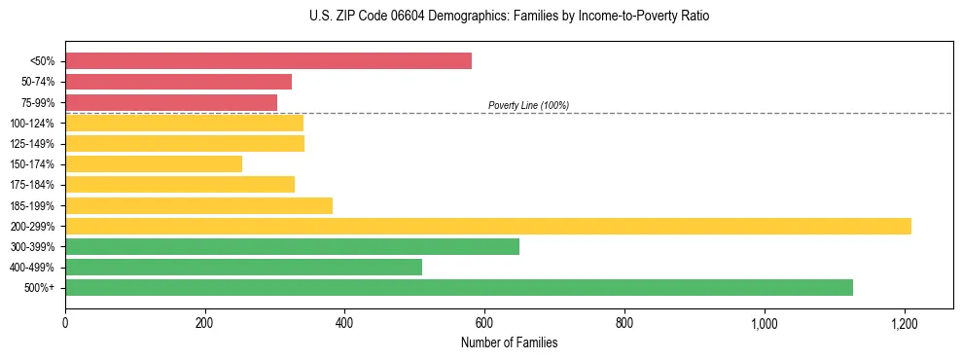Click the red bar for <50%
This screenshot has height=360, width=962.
pyautogui.click(x=268, y=61)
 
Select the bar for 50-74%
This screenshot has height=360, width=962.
pyautogui.click(x=178, y=82)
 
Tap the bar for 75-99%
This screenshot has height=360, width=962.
pyautogui.click(x=171, y=102)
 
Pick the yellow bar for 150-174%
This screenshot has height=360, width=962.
pyautogui.click(x=154, y=164)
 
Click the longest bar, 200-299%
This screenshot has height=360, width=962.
pyautogui.click(x=488, y=226)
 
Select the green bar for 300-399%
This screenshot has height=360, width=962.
pyautogui.click(x=292, y=246)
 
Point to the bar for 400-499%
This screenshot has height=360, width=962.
pyautogui.click(x=243, y=267)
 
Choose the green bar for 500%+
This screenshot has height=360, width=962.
pyautogui.click(x=459, y=287)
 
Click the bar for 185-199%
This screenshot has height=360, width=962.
pyautogui.click(x=198, y=205)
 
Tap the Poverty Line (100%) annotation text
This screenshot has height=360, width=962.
pyautogui.click(x=528, y=105)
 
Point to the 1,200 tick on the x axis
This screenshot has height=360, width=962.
pyautogui.click(x=905, y=322)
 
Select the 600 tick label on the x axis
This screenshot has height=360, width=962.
pyautogui.click(x=484, y=322)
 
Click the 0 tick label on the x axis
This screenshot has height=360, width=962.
pyautogui.click(x=65, y=322)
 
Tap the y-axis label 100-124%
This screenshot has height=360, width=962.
pyautogui.click(x=32, y=124)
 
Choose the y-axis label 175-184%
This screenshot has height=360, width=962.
pyautogui.click(x=32, y=185)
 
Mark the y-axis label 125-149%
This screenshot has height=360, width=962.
pyautogui.click(x=32, y=144)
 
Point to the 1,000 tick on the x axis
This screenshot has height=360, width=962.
pyautogui.click(x=765, y=322)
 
